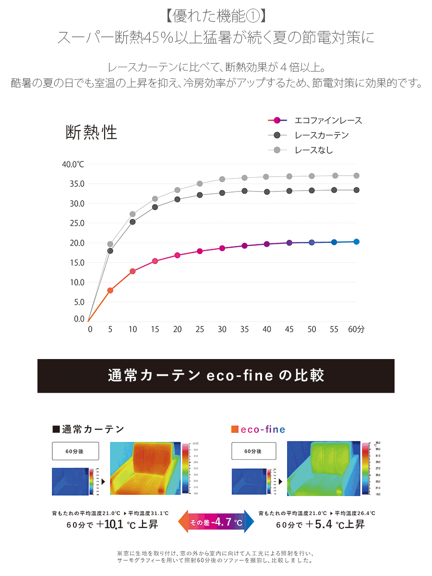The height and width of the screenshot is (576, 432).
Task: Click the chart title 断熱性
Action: click(x=91, y=132)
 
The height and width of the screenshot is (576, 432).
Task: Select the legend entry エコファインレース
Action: click(x=328, y=120)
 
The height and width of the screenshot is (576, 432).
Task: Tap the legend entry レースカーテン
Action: click(x=322, y=135)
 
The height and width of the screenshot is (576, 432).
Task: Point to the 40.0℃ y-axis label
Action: click(x=73, y=164)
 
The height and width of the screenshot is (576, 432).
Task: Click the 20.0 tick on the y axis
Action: click(x=76, y=243)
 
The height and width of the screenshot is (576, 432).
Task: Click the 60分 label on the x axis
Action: click(x=356, y=329)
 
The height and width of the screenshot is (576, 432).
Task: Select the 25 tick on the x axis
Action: click(x=200, y=329)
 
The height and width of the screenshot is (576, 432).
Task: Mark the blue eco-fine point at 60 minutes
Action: click(x=357, y=241)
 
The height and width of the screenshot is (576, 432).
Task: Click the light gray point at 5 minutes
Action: click(x=110, y=244)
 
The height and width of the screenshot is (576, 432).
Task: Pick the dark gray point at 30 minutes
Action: click(x=222, y=193)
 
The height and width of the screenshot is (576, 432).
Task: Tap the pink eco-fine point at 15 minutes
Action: click(x=155, y=261)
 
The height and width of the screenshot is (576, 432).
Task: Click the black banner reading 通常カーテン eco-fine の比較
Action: click(x=216, y=376)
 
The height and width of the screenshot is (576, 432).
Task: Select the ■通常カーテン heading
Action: click(x=88, y=429)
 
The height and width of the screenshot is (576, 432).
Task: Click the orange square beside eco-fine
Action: click(x=235, y=429)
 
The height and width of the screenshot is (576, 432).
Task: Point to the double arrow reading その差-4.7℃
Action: click(x=216, y=522)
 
